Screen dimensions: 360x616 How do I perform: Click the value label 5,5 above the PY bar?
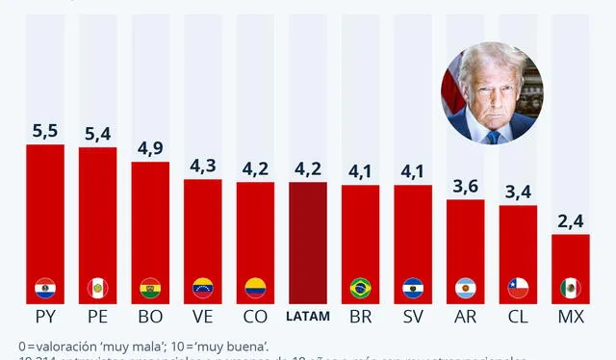pyautogui.click(x=44, y=129)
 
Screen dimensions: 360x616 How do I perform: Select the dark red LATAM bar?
pyautogui.click(x=308, y=241)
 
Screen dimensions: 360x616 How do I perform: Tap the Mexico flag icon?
pyautogui.click(x=570, y=287)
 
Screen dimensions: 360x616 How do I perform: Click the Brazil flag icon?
pyautogui.click(x=360, y=287)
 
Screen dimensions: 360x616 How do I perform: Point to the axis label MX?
pyautogui.click(x=570, y=316)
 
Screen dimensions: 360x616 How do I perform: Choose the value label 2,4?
pyautogui.click(x=570, y=219)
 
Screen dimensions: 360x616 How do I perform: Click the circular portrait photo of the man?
pyautogui.click(x=490, y=93)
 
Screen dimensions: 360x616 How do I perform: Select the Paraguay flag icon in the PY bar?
pyautogui.click(x=44, y=287)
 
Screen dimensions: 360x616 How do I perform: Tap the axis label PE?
pyautogui.click(x=97, y=316)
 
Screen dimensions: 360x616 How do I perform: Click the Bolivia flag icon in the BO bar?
pyautogui.click(x=150, y=287)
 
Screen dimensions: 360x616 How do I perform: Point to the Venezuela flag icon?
pyautogui.click(x=202, y=287)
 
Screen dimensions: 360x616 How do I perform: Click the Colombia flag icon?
pyautogui.click(x=255, y=287)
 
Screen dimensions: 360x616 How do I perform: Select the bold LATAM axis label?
pyautogui.click(x=308, y=316)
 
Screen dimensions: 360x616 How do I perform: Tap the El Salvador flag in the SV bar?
pyautogui.click(x=413, y=287)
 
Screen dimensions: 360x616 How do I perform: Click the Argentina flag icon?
pyautogui.click(x=465, y=287)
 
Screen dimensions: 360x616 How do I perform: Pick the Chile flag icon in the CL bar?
pyautogui.click(x=518, y=287)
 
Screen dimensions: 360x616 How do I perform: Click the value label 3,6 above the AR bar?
pyautogui.click(x=465, y=185)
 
